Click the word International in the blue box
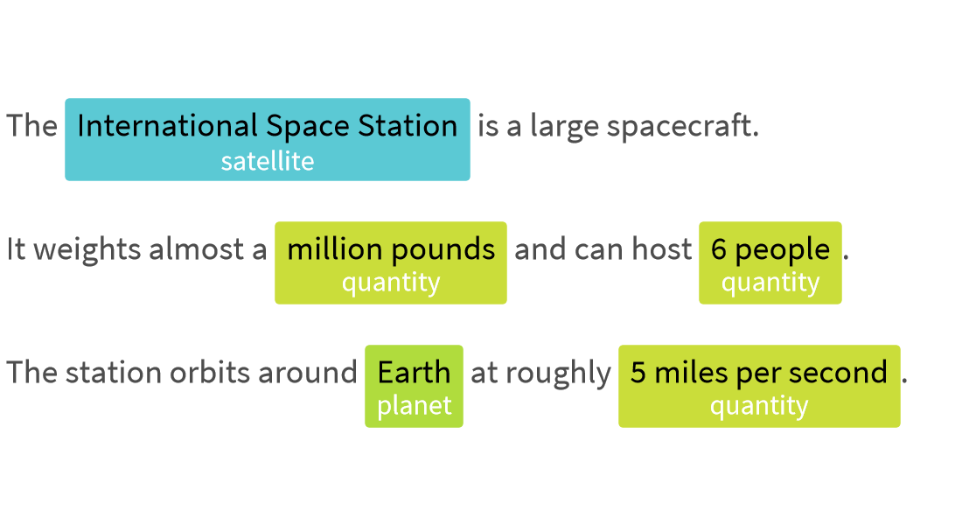tap(168, 125)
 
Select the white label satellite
tap(268, 162)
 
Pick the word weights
tap(87, 250)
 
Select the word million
tap(335, 249)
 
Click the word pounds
tap(443, 250)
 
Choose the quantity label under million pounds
tap(391, 283)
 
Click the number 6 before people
tap(718, 250)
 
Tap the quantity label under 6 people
tap(770, 283)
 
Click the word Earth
tap(415, 373)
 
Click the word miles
tap(692, 372)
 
